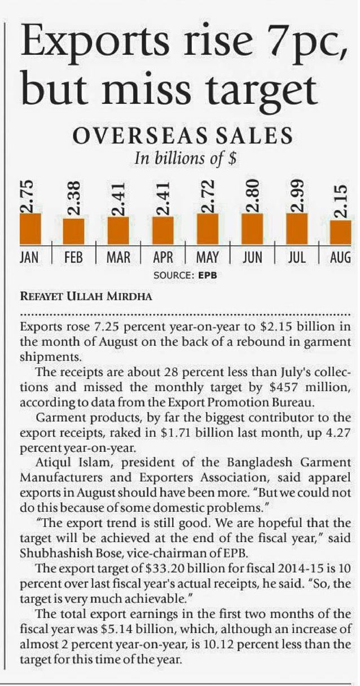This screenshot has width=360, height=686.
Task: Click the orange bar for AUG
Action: click(x=340, y=232)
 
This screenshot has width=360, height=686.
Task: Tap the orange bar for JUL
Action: click(x=297, y=228)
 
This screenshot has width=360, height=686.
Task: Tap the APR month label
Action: click(x=163, y=258)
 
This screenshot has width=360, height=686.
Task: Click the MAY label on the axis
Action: click(x=208, y=258)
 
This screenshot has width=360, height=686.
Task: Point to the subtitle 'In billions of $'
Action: click(x=185, y=159)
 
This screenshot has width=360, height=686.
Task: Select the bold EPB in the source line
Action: click(x=207, y=276)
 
